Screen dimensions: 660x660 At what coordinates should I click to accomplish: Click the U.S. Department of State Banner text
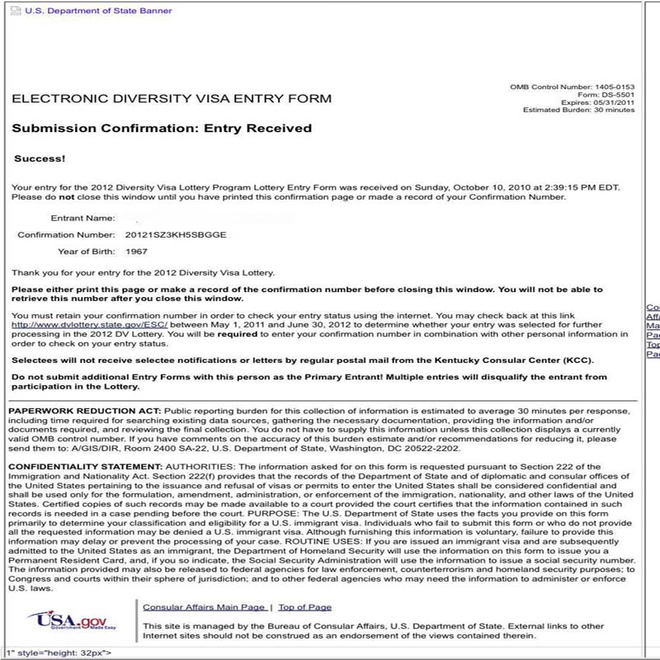[98, 11]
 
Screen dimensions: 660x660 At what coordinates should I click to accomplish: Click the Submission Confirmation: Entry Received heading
[162, 129]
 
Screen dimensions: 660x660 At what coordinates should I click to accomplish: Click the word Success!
[40, 158]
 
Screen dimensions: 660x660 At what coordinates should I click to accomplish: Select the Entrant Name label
[82, 219]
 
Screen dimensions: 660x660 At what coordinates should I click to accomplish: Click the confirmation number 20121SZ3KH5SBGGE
[176, 235]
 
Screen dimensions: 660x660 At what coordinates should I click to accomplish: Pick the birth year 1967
[136, 252]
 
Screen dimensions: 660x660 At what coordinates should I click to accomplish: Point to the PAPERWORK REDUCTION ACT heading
[85, 411]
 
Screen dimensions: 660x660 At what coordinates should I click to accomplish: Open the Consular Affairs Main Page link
[204, 607]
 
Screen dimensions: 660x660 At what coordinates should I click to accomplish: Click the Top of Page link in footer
[304, 607]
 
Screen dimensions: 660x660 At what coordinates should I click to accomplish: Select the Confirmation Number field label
[65, 235]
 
